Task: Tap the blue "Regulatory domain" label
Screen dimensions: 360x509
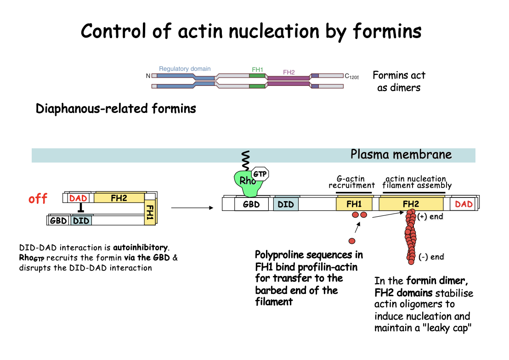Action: [x=185, y=69]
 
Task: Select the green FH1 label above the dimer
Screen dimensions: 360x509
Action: [x=257, y=70]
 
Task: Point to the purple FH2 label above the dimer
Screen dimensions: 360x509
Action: [x=288, y=72]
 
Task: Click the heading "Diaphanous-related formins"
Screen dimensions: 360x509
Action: [x=116, y=109]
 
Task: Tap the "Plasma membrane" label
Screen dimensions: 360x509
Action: [x=401, y=154]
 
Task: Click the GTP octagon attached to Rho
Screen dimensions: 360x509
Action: [x=260, y=174]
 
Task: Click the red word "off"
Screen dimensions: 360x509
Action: [x=38, y=199]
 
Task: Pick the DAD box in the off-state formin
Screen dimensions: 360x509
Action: [x=78, y=198]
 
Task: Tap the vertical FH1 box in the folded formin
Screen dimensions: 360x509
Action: [x=149, y=212]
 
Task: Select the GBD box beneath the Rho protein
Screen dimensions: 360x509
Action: [x=251, y=204]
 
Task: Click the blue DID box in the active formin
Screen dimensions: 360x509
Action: [x=286, y=204]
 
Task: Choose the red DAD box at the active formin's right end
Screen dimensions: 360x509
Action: [x=464, y=204]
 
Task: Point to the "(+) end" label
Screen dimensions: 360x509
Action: [x=430, y=217]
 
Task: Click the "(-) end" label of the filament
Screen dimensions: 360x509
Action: [x=431, y=257]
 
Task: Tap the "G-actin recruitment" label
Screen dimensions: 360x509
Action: [x=351, y=182]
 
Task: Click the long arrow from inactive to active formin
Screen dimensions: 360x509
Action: [x=192, y=208]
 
